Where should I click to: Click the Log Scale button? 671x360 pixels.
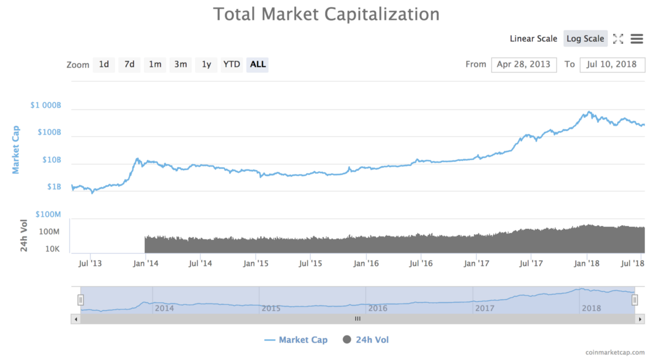pyautogui.click(x=585, y=39)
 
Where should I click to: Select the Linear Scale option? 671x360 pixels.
pyautogui.click(x=533, y=39)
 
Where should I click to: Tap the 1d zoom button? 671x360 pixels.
pyautogui.click(x=104, y=64)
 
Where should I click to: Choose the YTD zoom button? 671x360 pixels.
pyautogui.click(x=231, y=64)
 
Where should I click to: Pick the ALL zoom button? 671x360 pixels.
pyautogui.click(x=258, y=64)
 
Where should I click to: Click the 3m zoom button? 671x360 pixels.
pyautogui.click(x=181, y=64)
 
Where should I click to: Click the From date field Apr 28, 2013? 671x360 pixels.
pyautogui.click(x=523, y=64)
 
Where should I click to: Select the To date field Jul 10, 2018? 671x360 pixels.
pyautogui.click(x=612, y=64)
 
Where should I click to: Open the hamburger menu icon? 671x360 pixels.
pyautogui.click(x=636, y=39)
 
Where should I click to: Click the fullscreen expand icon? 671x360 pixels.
pyautogui.click(x=618, y=39)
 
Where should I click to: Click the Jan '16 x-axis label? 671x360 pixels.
pyautogui.click(x=366, y=262)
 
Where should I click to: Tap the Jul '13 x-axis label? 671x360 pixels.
pyautogui.click(x=91, y=262)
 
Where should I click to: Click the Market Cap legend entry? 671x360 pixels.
pyautogui.click(x=296, y=340)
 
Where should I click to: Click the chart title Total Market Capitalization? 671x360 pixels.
pyautogui.click(x=327, y=14)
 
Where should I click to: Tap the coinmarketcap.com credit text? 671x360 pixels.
pyautogui.click(x=615, y=353)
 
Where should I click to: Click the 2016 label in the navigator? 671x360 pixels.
pyautogui.click(x=378, y=308)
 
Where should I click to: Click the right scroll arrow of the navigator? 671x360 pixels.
pyautogui.click(x=641, y=319)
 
